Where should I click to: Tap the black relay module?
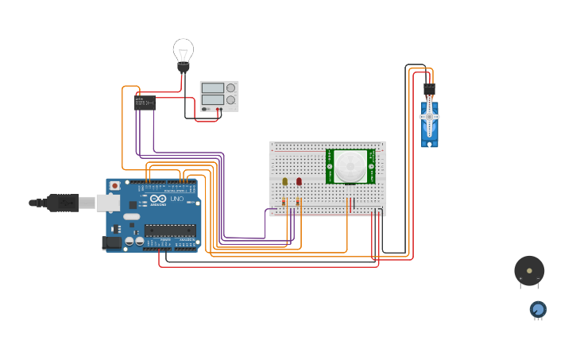point(145,102)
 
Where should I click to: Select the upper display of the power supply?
point(212,87)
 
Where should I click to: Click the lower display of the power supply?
point(212,100)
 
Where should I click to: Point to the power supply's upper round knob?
point(231,87)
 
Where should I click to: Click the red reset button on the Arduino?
point(115,186)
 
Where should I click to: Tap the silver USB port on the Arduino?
point(108,203)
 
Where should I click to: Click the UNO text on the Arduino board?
point(176,199)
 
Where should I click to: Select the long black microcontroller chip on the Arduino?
point(169,230)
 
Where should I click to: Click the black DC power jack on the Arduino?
point(112,242)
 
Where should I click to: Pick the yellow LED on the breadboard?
point(285,182)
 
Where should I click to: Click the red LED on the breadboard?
point(299,182)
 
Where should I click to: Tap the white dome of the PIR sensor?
point(350,166)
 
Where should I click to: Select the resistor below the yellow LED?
point(284,203)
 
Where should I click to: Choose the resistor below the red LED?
point(298,203)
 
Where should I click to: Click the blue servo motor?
point(429,123)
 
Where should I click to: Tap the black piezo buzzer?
point(529,271)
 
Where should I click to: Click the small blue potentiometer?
point(538,308)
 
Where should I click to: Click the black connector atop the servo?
point(429,89)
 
